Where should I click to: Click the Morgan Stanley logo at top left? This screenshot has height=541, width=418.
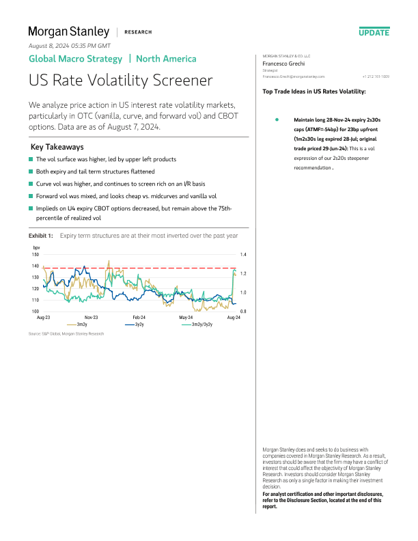click(68, 31)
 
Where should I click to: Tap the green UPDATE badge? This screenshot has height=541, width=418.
click(374, 32)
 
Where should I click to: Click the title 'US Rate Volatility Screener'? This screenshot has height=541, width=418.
click(120, 81)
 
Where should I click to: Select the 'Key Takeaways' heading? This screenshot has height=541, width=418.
click(58, 147)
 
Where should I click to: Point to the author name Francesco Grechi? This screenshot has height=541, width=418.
click(283, 63)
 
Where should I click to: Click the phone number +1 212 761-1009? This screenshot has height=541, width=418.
click(376, 77)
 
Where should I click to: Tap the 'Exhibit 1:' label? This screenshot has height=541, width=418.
click(41, 236)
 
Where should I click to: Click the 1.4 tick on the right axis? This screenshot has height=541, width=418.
click(242, 254)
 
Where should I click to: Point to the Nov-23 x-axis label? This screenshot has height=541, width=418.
click(91, 318)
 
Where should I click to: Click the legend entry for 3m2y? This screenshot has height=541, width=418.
click(81, 324)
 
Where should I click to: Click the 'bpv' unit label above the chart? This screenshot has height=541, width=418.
click(37, 247)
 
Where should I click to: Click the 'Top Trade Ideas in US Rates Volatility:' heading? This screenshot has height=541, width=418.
click(313, 92)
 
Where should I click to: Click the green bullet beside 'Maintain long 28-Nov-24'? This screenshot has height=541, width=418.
click(277, 120)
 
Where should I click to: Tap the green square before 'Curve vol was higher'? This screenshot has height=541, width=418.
click(31, 184)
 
